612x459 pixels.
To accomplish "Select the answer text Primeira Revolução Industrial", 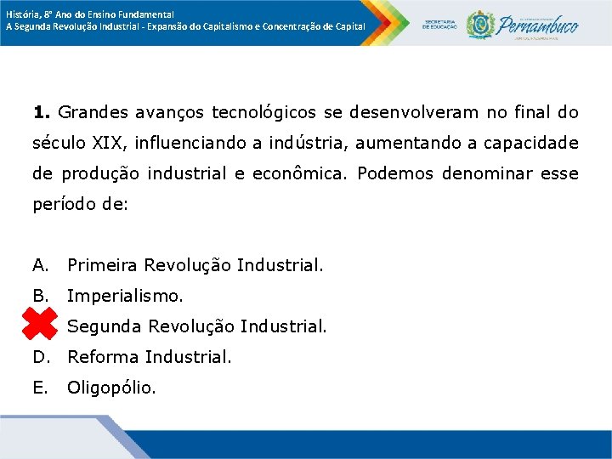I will point(195,265).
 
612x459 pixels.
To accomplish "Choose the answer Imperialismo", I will point(125,296).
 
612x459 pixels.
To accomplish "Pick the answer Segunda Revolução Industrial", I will point(196,326).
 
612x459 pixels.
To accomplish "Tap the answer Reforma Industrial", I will point(149,356).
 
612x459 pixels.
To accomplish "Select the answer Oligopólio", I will point(111,388).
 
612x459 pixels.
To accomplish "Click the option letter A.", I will point(40,265).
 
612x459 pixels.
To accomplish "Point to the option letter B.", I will point(40,296).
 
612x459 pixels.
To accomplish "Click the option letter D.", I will point(40,356).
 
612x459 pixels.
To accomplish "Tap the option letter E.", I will point(40,388).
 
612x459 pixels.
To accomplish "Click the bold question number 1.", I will point(42,112).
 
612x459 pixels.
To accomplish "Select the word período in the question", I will point(63,205).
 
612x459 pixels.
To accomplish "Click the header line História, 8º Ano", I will point(89,14).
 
